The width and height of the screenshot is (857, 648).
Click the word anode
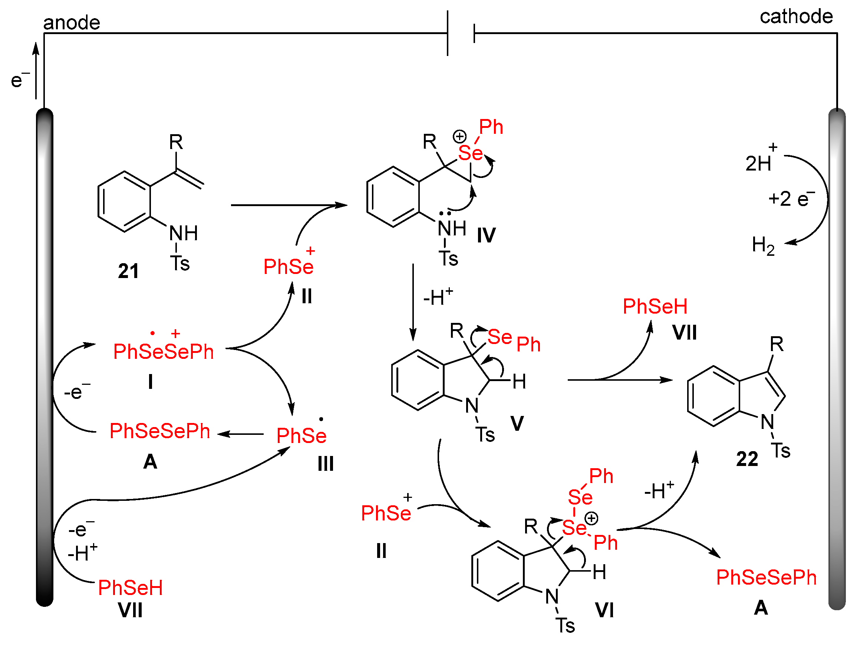tap(72, 23)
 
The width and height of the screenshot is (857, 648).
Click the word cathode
tap(796, 16)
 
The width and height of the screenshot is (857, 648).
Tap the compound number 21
tap(128, 271)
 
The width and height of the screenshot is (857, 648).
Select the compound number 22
tap(747, 459)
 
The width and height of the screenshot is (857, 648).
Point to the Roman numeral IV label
tap(486, 235)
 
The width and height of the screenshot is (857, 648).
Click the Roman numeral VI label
tap(604, 611)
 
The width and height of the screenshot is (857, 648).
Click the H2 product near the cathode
tap(763, 245)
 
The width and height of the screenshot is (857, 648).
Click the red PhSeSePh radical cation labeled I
tap(163, 351)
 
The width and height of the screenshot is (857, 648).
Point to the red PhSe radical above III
tap(301, 435)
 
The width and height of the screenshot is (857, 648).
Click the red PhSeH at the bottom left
tap(130, 588)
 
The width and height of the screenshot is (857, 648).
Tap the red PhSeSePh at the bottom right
tap(767, 578)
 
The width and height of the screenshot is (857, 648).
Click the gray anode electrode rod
tap(45, 356)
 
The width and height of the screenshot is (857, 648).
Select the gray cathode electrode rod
tap(837, 360)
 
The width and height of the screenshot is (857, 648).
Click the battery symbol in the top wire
tap(461, 33)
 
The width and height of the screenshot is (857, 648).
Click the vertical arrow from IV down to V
tap(413, 302)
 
